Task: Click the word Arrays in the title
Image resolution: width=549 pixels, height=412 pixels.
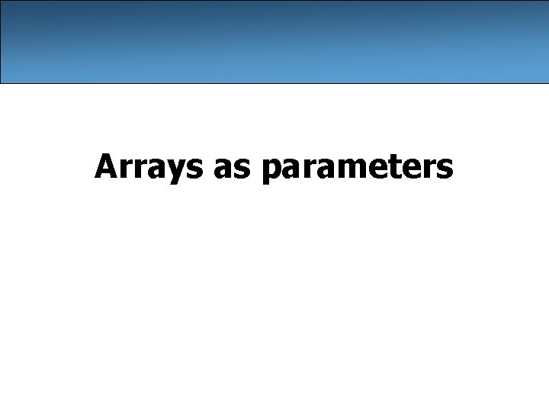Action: pos(149,167)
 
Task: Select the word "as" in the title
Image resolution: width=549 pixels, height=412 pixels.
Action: pos(232,169)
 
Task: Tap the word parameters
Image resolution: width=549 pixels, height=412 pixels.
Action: pos(357,169)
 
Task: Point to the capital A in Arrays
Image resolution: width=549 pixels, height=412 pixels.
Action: pos(106,166)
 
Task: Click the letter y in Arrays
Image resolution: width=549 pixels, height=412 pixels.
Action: pos(181,171)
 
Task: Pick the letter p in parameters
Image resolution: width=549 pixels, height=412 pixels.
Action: pos(271,171)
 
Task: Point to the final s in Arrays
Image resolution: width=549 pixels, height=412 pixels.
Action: pos(197,169)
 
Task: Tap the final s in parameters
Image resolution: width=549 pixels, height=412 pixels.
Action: pos(445,169)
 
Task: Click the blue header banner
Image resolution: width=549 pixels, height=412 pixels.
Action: pos(274,41)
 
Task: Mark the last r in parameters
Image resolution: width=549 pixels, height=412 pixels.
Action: pos(427,169)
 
